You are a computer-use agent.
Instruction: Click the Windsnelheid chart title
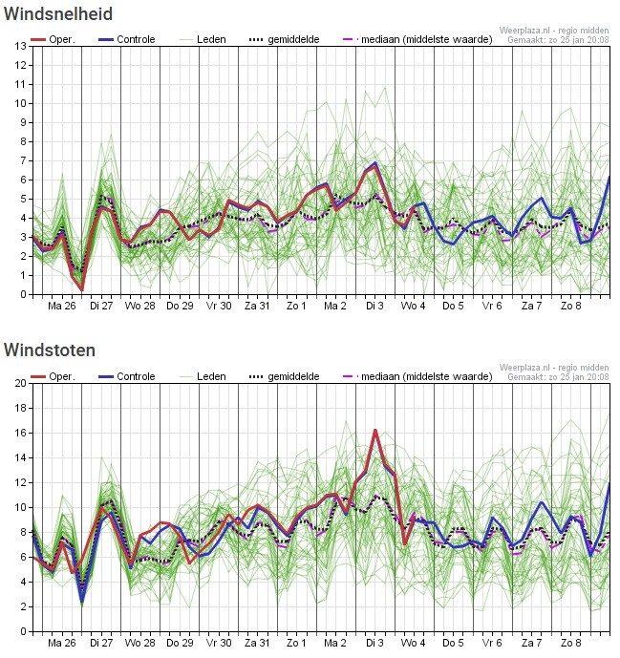[x=58, y=14]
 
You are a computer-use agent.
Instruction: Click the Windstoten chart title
[x=50, y=350]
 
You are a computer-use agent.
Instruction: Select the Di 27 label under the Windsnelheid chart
[x=101, y=306]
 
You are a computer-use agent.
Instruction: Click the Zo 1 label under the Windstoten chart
[x=296, y=643]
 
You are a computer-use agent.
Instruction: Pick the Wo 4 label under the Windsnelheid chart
[x=414, y=306]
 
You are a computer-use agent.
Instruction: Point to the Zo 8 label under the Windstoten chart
[x=570, y=643]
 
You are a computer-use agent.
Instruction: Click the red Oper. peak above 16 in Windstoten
[x=375, y=431]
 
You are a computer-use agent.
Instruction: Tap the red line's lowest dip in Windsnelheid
[x=82, y=289]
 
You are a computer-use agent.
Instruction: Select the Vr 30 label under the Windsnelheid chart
[x=219, y=306]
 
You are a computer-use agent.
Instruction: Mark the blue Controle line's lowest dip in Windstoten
[x=82, y=602]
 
